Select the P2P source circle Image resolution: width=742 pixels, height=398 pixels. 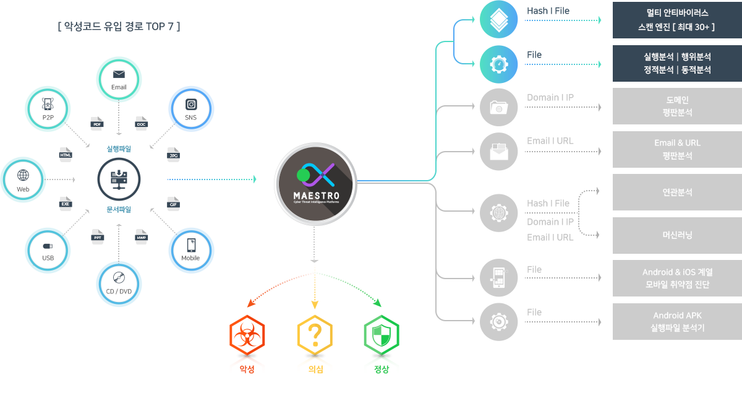(x=48, y=109)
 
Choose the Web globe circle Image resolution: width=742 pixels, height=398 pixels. (x=23, y=180)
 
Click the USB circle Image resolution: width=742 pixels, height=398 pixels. (x=48, y=251)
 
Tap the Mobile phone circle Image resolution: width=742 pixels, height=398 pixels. (x=191, y=251)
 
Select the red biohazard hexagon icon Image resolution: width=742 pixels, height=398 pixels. (x=247, y=336)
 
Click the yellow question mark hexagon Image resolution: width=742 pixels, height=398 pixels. (x=315, y=336)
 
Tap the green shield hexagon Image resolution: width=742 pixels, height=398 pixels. (x=382, y=336)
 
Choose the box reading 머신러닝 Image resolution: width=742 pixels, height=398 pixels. (x=677, y=235)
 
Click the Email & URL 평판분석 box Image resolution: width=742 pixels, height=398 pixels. (x=677, y=149)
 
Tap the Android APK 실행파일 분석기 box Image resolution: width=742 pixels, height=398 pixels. (x=677, y=321)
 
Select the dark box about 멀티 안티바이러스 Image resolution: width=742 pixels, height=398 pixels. (x=677, y=20)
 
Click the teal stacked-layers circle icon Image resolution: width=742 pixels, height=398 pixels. (x=499, y=20)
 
